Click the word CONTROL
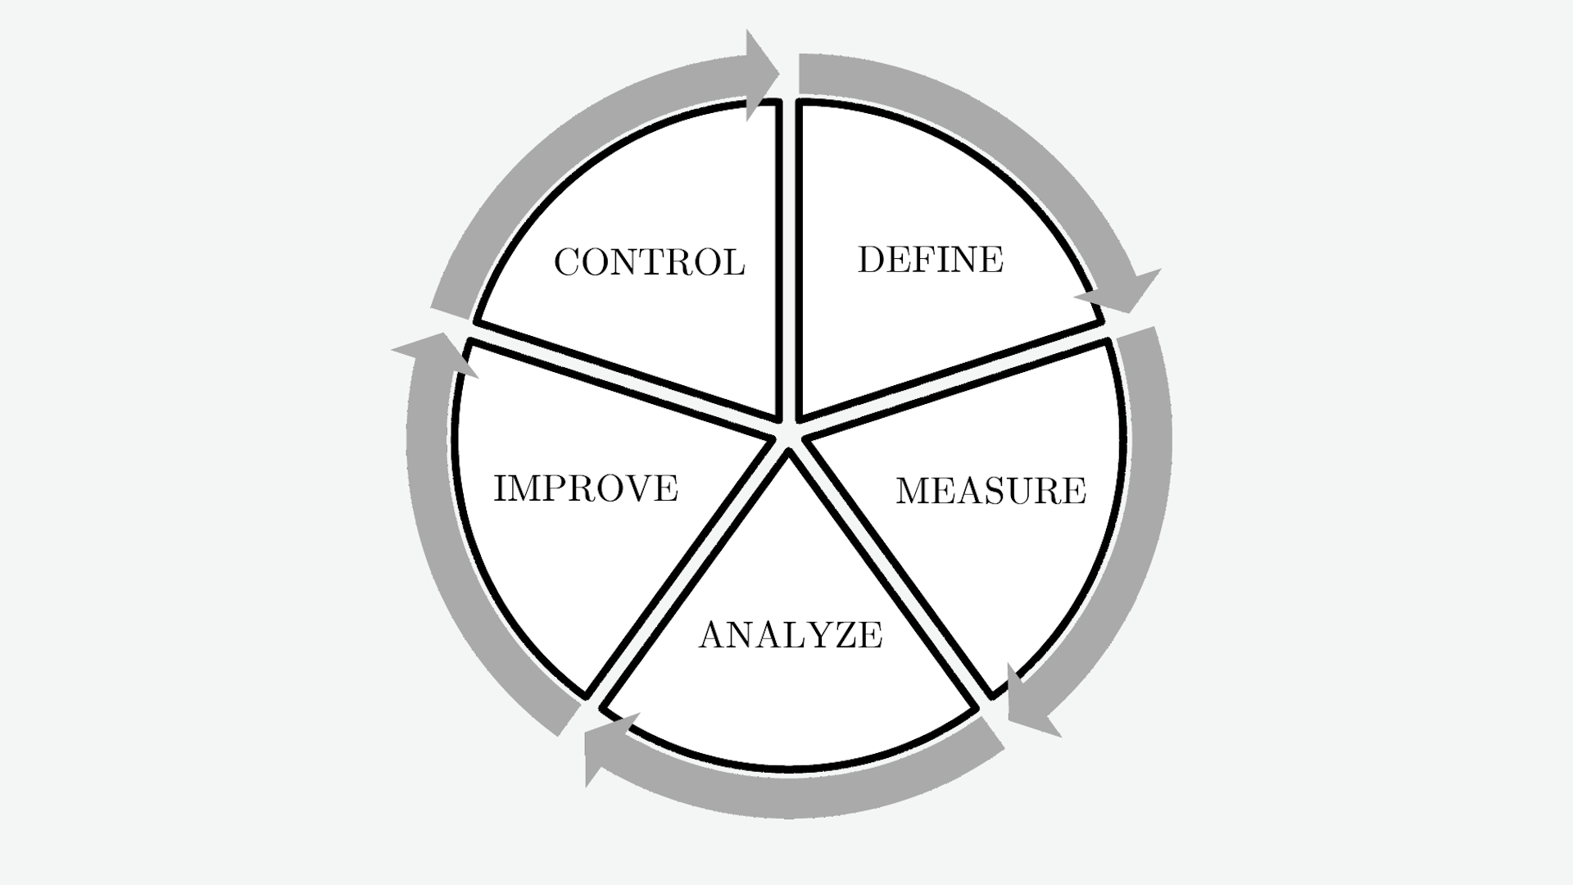tap(649, 262)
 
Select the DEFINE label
tap(930, 260)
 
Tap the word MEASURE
tap(990, 491)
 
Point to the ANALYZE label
tap(791, 635)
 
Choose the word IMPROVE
tap(586, 488)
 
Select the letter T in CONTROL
tap(657, 262)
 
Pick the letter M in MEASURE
tap(914, 491)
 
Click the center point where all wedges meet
tap(787, 434)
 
